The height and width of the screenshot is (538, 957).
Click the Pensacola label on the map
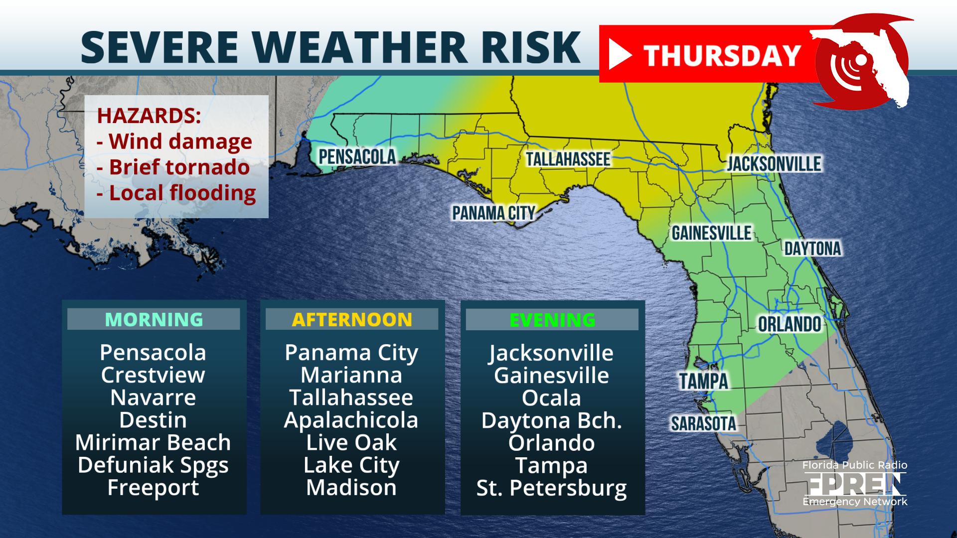(x=357, y=156)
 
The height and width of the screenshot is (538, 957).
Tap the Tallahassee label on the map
(x=568, y=159)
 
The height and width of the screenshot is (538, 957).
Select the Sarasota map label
(x=703, y=423)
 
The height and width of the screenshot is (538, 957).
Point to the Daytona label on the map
(x=812, y=248)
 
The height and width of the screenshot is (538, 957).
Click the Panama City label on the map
(x=493, y=213)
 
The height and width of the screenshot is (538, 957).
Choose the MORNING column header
(x=154, y=319)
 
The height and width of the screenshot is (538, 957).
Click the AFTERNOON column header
(x=352, y=319)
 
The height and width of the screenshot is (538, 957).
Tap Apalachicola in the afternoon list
(x=351, y=420)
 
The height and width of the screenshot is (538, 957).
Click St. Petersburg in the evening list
(x=552, y=488)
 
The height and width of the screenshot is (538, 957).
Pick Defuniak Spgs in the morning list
(x=153, y=465)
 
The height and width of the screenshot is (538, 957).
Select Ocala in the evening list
(x=551, y=398)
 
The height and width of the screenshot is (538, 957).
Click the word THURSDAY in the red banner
(x=722, y=55)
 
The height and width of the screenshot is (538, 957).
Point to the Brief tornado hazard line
(x=173, y=167)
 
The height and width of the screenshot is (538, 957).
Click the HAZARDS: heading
(x=149, y=116)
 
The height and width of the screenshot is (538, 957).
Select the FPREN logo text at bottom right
(x=854, y=483)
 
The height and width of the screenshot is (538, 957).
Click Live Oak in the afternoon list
(x=351, y=442)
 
